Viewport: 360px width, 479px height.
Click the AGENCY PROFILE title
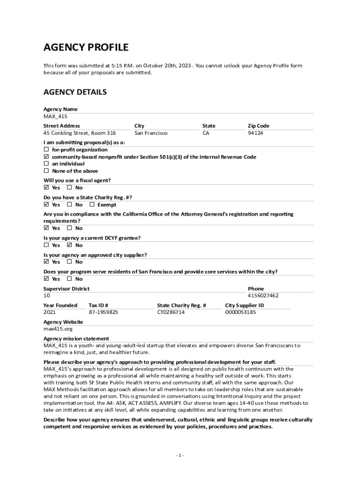(x=86, y=47)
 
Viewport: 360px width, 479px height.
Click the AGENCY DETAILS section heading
(x=75, y=92)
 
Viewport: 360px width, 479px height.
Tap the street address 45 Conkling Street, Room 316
(x=79, y=133)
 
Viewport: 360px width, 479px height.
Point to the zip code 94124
(x=255, y=133)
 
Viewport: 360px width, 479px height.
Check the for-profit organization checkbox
(x=46, y=150)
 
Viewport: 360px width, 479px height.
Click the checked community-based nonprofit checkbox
(x=46, y=157)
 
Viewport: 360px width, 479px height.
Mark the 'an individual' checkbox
(x=46, y=164)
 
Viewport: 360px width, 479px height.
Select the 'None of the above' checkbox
(x=46, y=171)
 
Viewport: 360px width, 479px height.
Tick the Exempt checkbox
(x=92, y=205)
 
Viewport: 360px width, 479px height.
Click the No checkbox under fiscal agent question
(x=69, y=188)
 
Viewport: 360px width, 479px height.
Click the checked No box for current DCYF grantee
(x=69, y=245)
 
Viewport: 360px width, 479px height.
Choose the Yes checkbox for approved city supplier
(x=46, y=262)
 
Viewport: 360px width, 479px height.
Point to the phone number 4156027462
(x=263, y=296)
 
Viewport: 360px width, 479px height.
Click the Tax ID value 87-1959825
(x=103, y=312)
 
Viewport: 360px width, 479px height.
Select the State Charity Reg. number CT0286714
(x=171, y=312)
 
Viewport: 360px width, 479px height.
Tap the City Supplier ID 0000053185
(x=240, y=312)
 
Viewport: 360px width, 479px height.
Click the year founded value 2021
(x=50, y=312)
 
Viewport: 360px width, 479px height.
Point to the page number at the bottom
(x=180, y=456)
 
